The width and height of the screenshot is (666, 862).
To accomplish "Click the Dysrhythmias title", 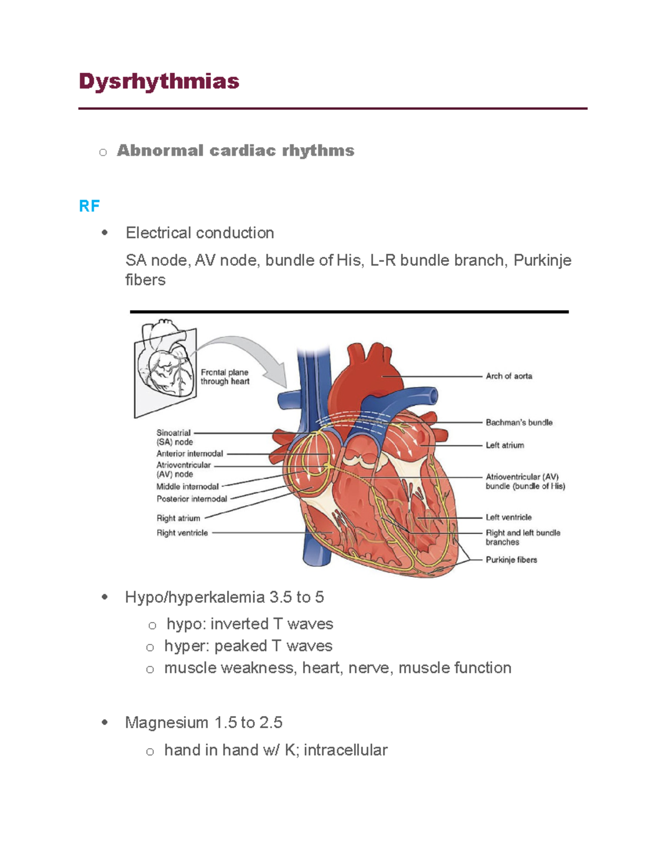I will [159, 82].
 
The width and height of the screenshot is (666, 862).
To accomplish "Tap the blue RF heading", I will [89, 206].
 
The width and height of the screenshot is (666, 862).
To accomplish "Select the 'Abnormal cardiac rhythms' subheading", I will [235, 150].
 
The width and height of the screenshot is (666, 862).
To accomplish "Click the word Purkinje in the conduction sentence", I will [542, 260].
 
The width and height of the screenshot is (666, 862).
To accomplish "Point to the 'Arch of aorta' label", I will [508, 376].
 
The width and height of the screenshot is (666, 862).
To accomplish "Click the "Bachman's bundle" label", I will [519, 422].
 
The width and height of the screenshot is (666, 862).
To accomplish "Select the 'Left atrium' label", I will [504, 445].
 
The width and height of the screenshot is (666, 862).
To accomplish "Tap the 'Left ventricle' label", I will [508, 517].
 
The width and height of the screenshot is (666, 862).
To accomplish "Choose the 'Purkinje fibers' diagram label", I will [511, 560].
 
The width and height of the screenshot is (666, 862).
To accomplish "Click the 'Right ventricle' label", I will [182, 533].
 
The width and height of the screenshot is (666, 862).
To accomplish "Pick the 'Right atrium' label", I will [178, 518].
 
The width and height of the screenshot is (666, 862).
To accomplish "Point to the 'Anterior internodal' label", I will [189, 454].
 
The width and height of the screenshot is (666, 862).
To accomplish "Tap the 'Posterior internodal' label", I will [191, 499].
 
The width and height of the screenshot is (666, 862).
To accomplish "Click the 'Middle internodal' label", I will [187, 487].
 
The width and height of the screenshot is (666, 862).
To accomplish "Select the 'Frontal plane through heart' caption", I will [225, 377].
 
